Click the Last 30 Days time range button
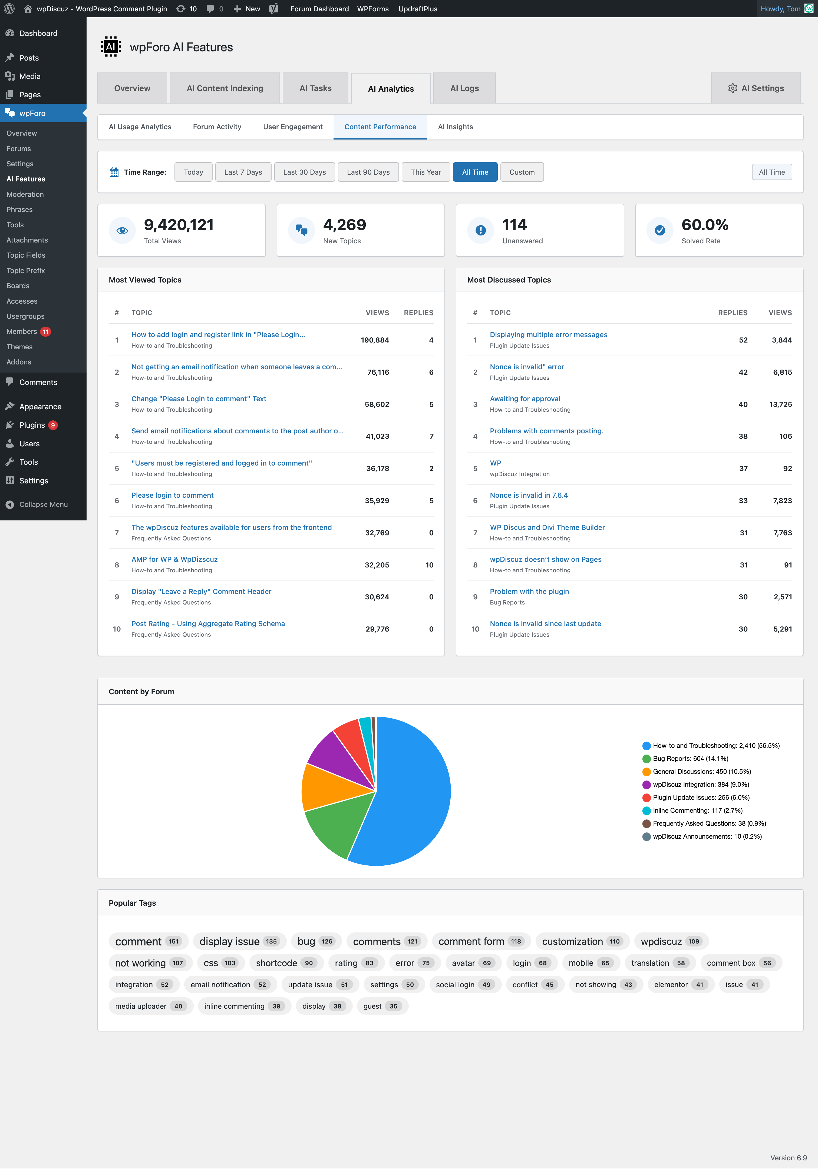tap(304, 172)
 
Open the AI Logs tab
tap(464, 88)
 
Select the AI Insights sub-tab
tap(455, 127)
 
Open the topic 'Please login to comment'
tap(172, 495)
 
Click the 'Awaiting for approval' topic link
tap(525, 399)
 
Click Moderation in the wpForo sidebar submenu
tap(25, 194)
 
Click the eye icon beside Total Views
tap(122, 231)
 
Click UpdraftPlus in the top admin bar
tap(418, 9)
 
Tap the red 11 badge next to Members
tap(46, 331)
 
